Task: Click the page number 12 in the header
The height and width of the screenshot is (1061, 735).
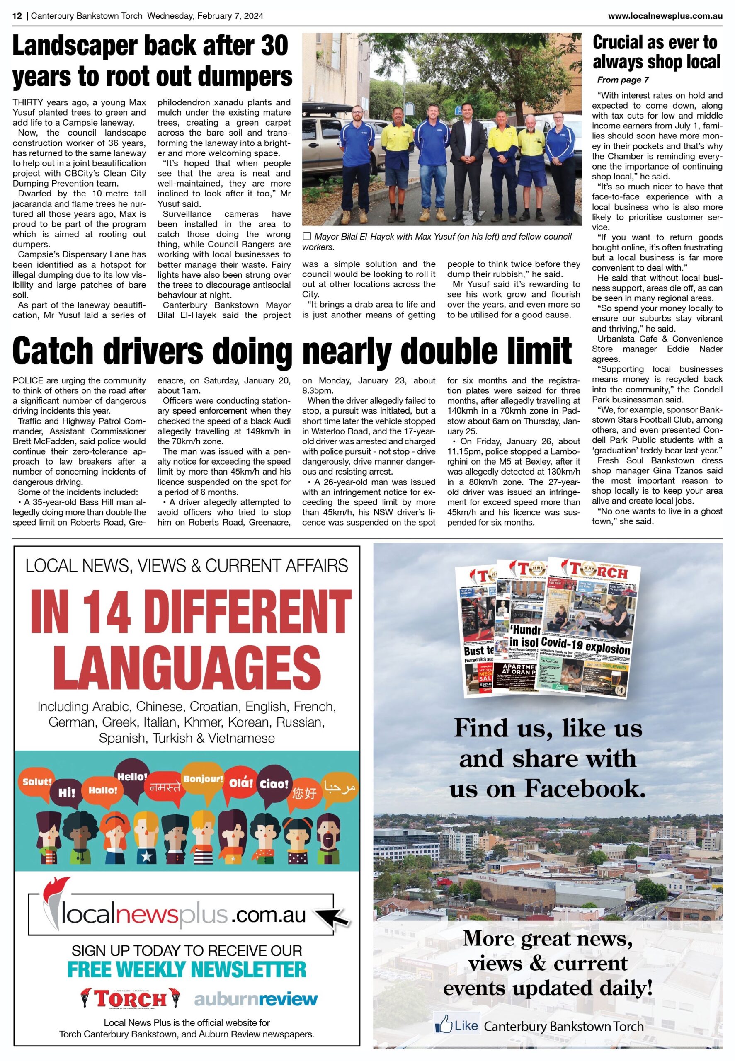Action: pos(17,16)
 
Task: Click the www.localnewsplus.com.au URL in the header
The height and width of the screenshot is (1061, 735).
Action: pos(665,16)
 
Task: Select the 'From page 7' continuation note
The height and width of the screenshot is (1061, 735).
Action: pos(623,80)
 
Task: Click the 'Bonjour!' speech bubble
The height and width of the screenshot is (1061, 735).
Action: pos(203,779)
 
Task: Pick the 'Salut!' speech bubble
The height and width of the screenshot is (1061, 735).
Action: pos(37,782)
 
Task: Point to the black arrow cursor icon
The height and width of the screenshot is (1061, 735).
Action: pos(332,917)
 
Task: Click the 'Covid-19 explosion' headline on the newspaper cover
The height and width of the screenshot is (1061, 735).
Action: pos(585,645)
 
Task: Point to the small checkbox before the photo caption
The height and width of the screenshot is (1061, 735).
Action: pos(307,237)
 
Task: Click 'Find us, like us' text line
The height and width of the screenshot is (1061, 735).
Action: pos(548,729)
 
